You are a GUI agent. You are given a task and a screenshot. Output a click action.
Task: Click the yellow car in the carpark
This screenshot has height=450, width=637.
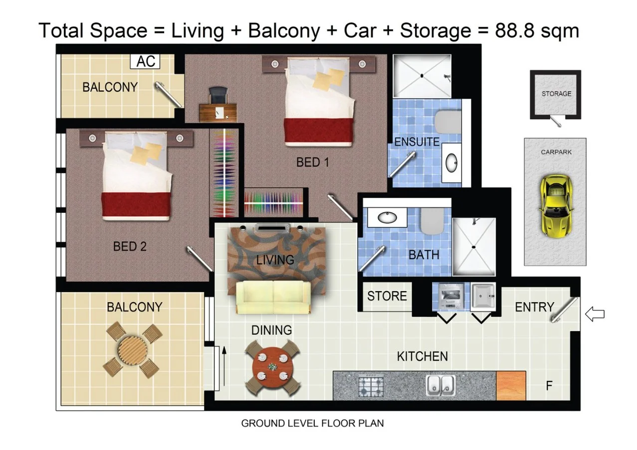click(555, 206)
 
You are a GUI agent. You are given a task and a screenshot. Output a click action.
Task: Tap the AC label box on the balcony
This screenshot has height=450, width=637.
click(145, 61)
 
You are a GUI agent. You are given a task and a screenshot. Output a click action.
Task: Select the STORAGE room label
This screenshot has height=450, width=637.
click(556, 94)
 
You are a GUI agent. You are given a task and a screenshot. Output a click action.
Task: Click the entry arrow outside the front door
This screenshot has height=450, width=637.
click(595, 314)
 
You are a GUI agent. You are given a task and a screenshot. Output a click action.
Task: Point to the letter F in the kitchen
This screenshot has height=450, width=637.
click(549, 386)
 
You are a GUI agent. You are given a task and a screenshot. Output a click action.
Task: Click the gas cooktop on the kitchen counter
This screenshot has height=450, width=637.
click(371, 387)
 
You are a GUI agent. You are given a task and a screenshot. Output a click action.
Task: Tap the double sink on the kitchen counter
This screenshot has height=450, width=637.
click(440, 386)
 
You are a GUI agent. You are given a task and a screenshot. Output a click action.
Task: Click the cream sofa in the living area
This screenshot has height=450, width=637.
click(273, 297)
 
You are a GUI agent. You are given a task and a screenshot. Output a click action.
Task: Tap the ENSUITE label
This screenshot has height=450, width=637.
click(417, 142)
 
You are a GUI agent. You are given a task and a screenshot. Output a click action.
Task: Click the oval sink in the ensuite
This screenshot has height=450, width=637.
click(451, 163)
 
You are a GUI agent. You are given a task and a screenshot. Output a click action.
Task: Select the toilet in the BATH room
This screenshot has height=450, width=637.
click(432, 221)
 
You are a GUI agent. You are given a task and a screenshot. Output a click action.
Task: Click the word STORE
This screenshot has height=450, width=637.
click(387, 296)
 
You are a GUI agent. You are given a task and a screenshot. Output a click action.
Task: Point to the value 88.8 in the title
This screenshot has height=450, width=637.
click(514, 30)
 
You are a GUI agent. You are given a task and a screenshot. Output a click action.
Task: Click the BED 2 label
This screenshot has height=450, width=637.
click(130, 246)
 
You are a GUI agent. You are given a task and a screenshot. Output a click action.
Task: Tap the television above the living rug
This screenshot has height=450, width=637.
click(271, 228)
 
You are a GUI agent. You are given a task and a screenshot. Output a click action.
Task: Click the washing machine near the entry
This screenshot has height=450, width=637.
click(451, 296)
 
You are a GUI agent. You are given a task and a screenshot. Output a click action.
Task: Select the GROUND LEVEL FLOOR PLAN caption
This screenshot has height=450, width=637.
click(312, 423)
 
